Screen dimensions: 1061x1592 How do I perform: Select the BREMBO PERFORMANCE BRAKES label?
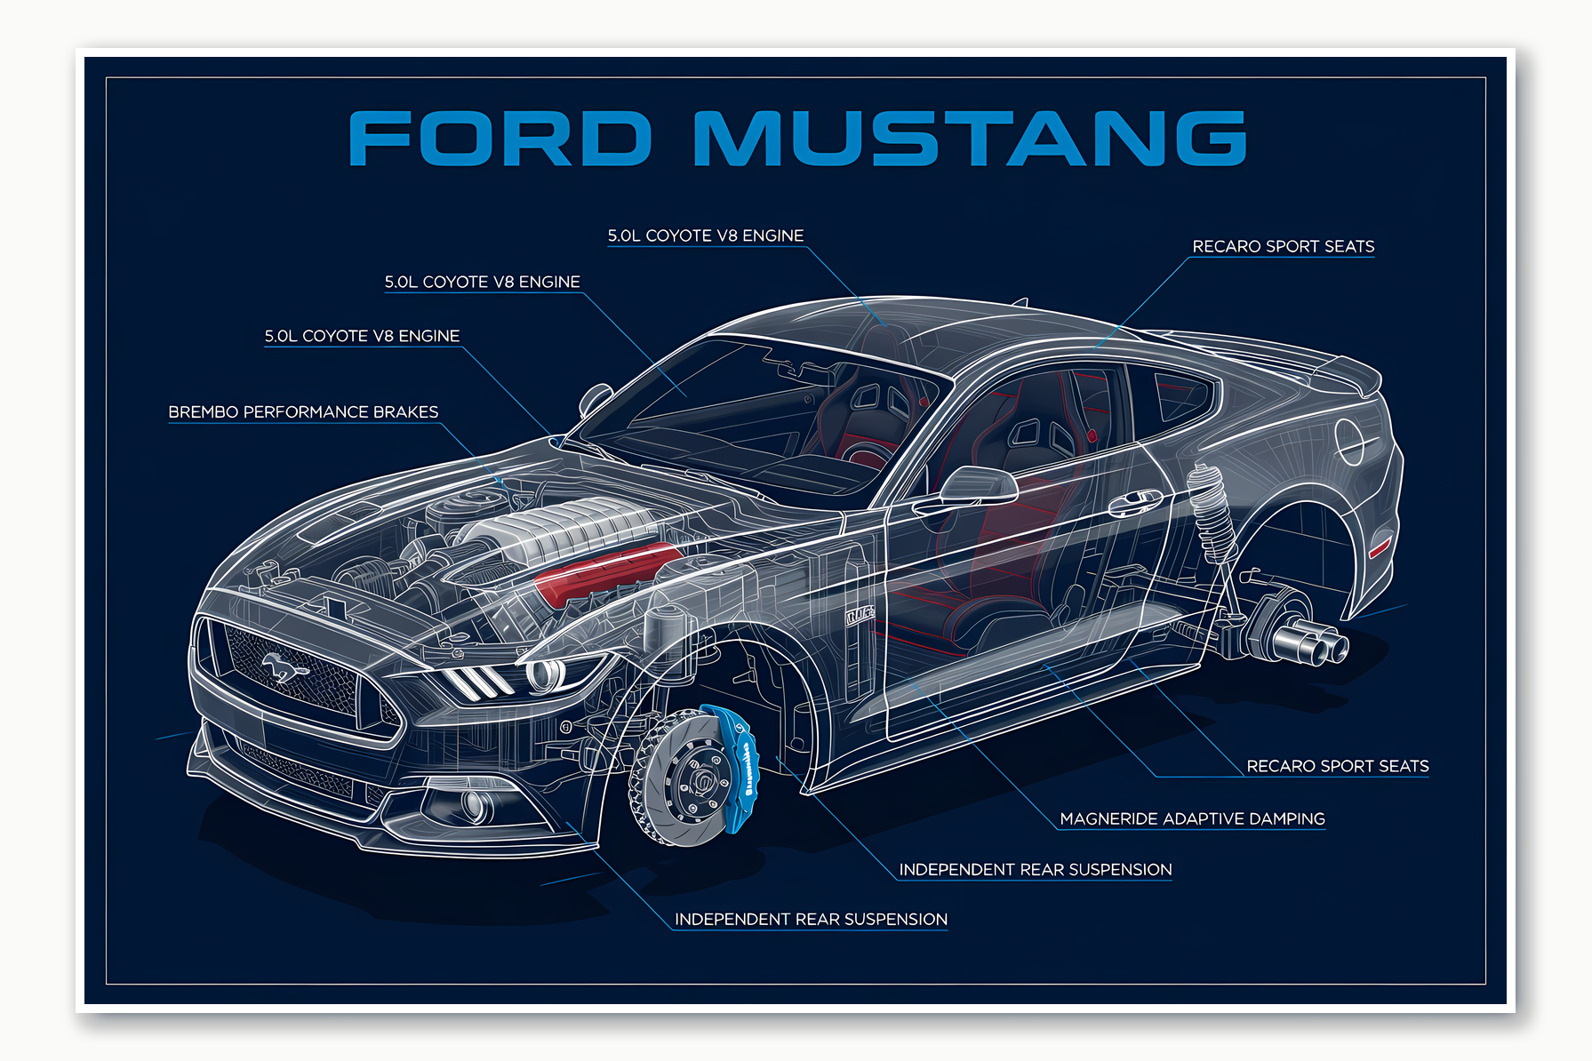point(303,412)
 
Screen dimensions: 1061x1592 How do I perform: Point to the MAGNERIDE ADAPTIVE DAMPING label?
point(1192,818)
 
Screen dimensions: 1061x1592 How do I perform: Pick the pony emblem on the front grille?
point(283,666)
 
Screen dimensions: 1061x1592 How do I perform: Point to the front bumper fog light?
point(476,805)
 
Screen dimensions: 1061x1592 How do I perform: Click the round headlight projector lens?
point(544,674)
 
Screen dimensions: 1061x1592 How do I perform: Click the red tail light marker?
point(1380,545)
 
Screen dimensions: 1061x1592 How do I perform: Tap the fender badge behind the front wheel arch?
point(859,614)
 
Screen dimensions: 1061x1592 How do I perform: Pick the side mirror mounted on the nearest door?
point(978,485)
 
